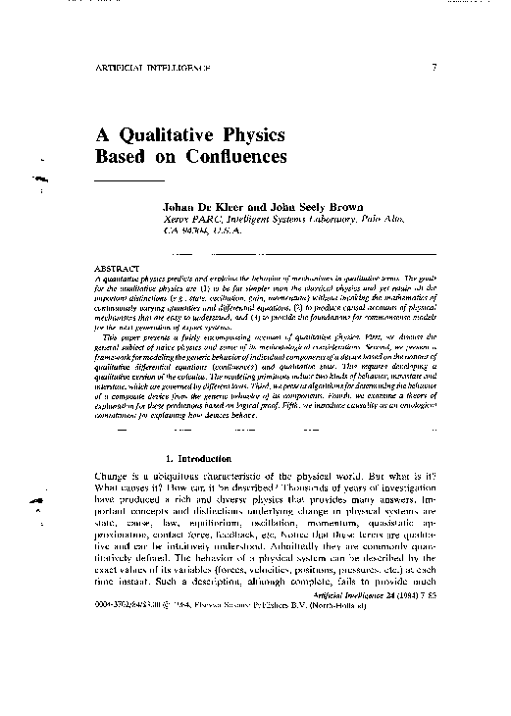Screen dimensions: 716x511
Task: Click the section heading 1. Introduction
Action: point(200,459)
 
